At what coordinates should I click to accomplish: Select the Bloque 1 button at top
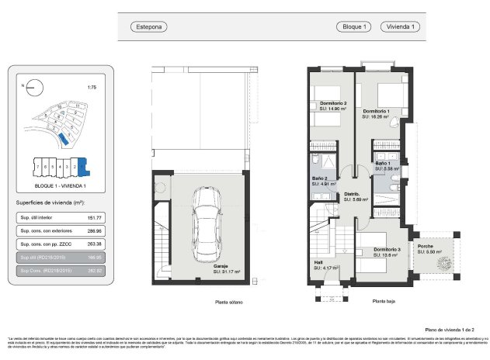pos(356,27)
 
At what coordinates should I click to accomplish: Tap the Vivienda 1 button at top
pos(402,27)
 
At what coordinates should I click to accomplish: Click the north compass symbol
pos(32,88)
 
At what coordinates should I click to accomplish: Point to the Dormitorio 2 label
pos(332,104)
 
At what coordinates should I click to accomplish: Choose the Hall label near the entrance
pos(318,263)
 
